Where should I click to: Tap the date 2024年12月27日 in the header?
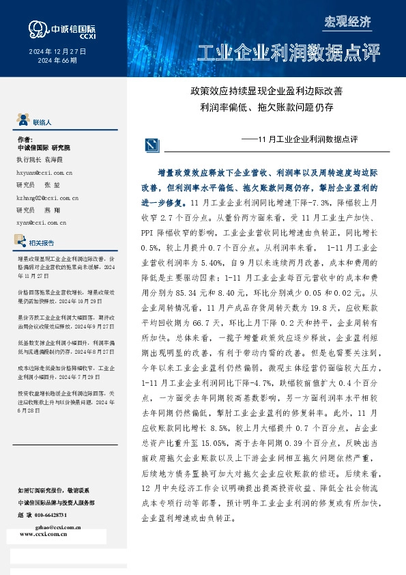tap(57, 52)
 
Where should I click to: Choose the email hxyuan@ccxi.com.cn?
tap(44, 175)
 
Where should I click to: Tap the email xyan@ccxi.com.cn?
tap(41, 222)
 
